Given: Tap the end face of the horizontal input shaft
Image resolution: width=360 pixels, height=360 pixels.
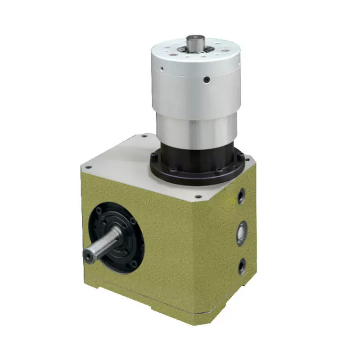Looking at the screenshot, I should (x=87, y=256).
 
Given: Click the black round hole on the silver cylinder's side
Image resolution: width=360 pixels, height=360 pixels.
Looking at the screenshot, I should (x=206, y=80).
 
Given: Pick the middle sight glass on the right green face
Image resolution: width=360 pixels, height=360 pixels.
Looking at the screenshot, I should (x=242, y=232).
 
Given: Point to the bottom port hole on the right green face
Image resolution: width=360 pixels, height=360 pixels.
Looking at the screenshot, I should (x=242, y=266).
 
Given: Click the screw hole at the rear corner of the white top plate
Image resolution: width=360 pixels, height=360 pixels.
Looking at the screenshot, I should (x=144, y=135).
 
